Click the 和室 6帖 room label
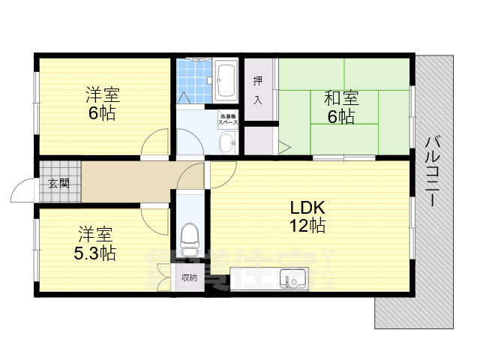[340, 106]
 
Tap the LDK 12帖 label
[307, 214]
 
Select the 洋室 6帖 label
[103, 105]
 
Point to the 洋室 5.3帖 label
[94, 243]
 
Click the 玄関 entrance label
[58, 182]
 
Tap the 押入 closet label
[257, 89]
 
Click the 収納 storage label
[189, 278]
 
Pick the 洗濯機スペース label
[227, 118]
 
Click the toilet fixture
[189, 239]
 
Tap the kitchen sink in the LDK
[293, 280]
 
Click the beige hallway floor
[127, 181]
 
